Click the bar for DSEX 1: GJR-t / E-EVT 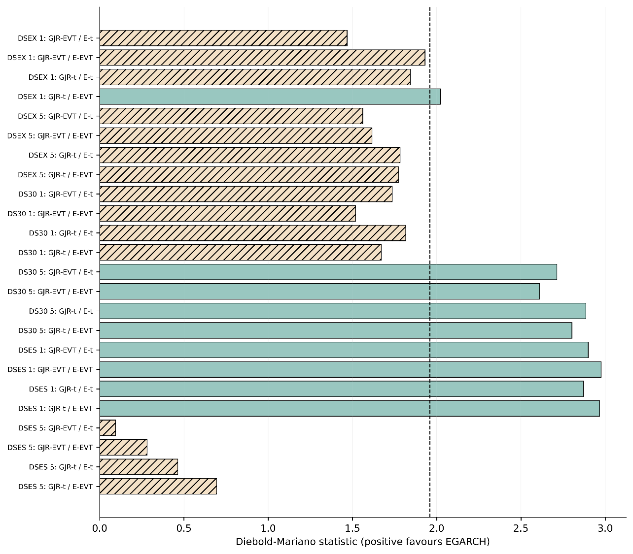pyautogui.click(x=270, y=97)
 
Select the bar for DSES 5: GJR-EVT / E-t pyautogui.click(x=107, y=428)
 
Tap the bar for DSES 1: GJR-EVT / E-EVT pyautogui.click(x=350, y=369)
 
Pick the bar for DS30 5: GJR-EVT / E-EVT pyautogui.click(x=319, y=292)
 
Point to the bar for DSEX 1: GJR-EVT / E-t pyautogui.click(x=223, y=38)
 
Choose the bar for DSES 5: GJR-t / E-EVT pyautogui.click(x=158, y=486)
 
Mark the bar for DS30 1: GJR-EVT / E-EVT pyautogui.click(x=227, y=214)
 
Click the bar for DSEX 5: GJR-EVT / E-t pyautogui.click(x=231, y=116)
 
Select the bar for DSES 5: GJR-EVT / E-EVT pyautogui.click(x=123, y=447)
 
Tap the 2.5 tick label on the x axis pyautogui.click(x=521, y=528)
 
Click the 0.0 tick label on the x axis pyautogui.click(x=100, y=528)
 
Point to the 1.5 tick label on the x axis pyautogui.click(x=352, y=528)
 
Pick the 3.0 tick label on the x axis pyautogui.click(x=605, y=528)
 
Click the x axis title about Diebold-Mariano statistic pyautogui.click(x=363, y=542)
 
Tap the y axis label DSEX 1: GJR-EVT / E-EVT pyautogui.click(x=50, y=58)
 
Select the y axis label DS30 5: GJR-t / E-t pyautogui.click(x=61, y=311)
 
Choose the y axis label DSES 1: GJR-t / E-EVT pyautogui.click(x=56, y=409)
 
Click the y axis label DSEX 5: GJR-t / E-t pyautogui.click(x=61, y=155)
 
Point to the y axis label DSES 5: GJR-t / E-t pyautogui.click(x=61, y=467)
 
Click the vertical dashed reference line pyautogui.click(x=430, y=262)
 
